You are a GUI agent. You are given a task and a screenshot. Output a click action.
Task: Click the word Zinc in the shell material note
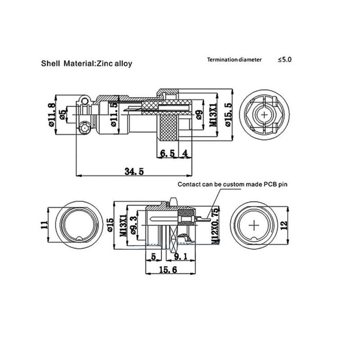108,63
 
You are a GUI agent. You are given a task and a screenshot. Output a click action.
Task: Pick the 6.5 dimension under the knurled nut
167,153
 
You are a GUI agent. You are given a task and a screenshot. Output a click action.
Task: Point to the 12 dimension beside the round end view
283,225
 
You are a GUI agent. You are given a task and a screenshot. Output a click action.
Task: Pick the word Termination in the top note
222,59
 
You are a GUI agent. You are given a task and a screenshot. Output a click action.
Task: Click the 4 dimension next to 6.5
185,153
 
